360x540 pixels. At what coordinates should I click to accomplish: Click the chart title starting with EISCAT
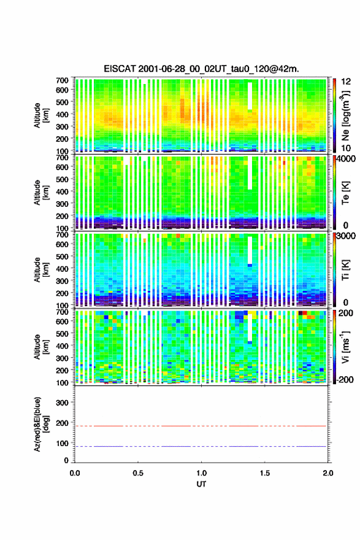coord(201,69)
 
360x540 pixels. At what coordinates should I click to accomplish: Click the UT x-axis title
coord(201,484)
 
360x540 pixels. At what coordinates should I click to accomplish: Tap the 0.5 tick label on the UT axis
coord(138,473)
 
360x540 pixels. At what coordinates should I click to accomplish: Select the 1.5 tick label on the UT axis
coord(265,473)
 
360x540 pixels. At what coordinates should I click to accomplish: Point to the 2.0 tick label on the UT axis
coord(328,473)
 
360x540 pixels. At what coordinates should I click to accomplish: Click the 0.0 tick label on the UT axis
coord(75,473)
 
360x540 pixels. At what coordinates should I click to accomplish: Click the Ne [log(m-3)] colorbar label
coord(345,116)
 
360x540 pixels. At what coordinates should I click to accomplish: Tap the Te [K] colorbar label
coord(345,193)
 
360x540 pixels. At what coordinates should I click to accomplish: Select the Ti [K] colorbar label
coord(345,271)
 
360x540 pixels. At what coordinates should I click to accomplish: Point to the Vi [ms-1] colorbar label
coord(345,347)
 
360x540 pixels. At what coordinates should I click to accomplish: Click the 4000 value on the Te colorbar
coord(346,160)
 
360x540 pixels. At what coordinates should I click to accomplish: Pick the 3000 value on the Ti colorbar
coord(346,236)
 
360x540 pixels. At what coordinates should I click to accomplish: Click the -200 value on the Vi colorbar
coord(343,379)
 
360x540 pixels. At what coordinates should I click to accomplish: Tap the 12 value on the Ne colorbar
coord(347,82)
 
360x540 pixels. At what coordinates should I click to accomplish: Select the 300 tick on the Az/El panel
coord(63,403)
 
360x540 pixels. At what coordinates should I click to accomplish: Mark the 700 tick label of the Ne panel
coord(62,80)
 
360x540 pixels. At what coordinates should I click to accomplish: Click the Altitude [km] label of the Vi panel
coord(41,347)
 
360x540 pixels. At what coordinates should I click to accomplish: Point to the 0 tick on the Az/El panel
coord(67,460)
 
